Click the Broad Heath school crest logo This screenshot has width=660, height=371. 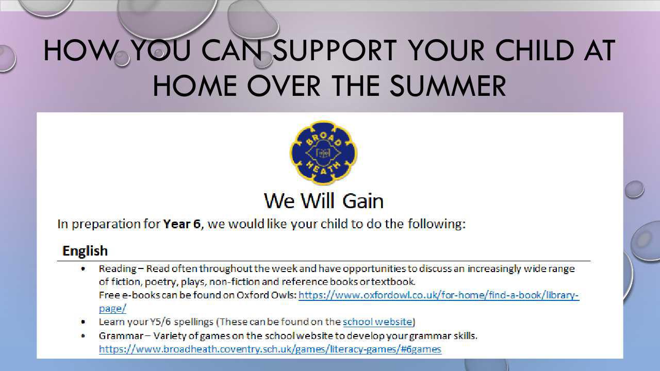323,153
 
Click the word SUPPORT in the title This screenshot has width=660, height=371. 335,50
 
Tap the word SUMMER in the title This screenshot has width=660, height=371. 448,86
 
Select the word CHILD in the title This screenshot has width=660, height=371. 535,50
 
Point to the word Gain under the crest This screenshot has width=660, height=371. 363,201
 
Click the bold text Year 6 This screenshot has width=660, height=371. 182,224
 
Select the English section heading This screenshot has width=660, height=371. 85,251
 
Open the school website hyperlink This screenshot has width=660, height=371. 377,322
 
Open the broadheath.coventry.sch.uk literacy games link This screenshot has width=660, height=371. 270,349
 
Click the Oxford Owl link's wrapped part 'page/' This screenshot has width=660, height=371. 112,309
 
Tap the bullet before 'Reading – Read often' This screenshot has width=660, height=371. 84,268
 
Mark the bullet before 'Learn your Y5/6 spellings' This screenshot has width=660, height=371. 84,322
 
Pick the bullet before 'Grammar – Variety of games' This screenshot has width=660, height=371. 84,335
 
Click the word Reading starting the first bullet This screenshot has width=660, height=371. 118,269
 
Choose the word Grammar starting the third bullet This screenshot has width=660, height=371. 121,336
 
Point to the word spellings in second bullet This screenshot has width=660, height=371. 193,322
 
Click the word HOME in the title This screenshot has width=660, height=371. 195,86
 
